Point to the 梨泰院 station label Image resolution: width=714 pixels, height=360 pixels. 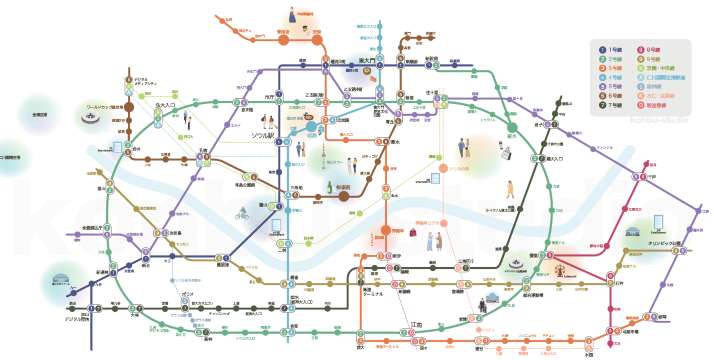(347, 187)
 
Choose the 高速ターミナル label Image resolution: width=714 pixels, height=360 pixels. (359, 304)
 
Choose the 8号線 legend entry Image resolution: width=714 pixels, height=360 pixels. (659, 50)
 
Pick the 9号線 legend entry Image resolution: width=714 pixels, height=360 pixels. (659, 59)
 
